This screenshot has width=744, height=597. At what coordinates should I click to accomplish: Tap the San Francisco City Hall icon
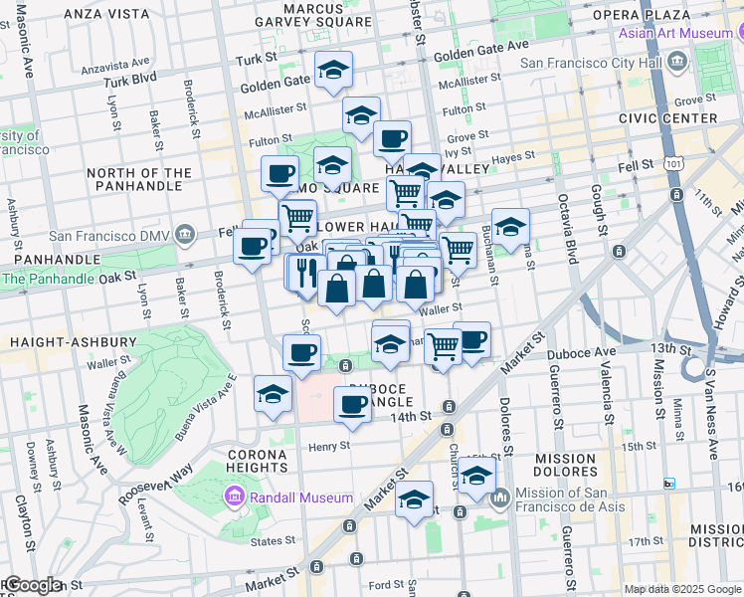point(677,64)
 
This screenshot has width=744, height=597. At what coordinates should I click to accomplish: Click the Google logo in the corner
point(32,585)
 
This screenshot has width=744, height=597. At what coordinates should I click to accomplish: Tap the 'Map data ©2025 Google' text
point(683,589)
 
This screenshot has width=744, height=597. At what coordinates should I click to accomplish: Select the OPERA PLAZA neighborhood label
point(654,14)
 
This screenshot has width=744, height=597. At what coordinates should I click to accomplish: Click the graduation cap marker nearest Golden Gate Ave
point(334,69)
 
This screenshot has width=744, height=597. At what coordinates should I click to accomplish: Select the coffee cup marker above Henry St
point(352,403)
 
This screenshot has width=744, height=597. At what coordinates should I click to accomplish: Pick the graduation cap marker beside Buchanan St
point(510,227)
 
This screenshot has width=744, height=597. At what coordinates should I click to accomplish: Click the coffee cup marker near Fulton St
point(393,137)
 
